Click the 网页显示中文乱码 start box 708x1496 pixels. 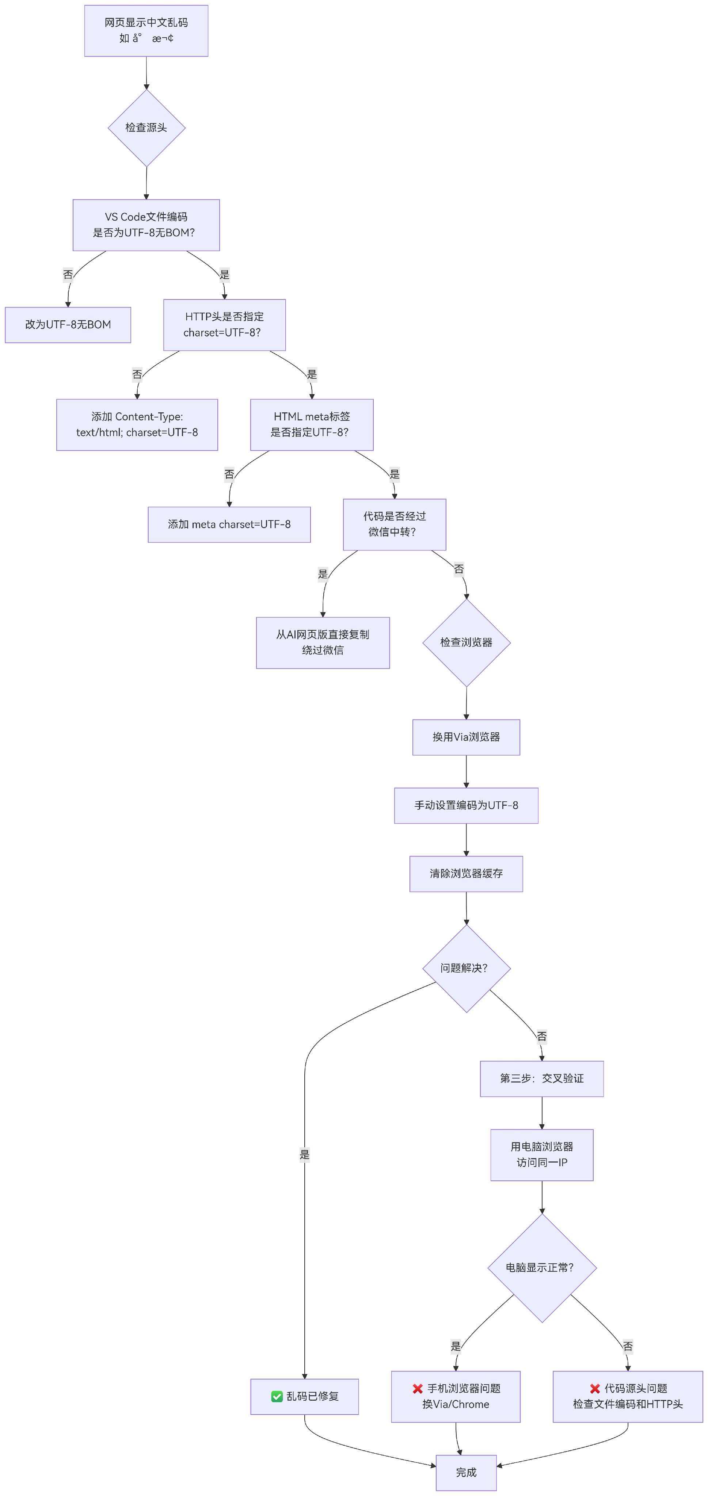146,31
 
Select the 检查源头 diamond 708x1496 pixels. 146,128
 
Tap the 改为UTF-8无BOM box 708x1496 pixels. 68,325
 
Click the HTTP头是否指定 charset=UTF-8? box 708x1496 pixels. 224,325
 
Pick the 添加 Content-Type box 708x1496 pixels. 137,424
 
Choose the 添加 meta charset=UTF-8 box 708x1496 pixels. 229,524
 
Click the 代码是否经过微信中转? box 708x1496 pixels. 394,524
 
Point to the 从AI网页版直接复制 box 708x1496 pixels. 323,643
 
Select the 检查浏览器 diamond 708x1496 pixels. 467,642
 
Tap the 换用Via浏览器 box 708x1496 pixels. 467,737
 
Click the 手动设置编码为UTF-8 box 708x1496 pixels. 467,805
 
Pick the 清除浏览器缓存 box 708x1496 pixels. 467,873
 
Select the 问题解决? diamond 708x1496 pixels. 467,968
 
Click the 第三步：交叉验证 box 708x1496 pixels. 542,1079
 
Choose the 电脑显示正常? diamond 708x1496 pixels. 542,1268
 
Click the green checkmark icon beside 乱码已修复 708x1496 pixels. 277,1396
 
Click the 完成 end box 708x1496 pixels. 467,1472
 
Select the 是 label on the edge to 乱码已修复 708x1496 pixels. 304,1155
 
